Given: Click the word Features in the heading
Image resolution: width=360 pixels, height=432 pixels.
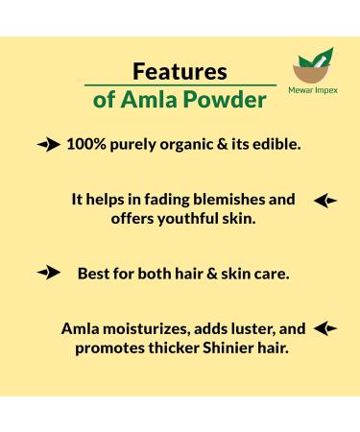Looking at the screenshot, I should pyautogui.click(x=179, y=71).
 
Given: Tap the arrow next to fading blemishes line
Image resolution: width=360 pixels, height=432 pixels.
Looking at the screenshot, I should pyautogui.click(x=325, y=201).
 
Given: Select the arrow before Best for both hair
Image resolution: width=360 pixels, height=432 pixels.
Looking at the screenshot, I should pyautogui.click(x=48, y=274).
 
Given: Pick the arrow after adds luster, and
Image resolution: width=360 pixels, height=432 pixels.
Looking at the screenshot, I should pyautogui.click(x=325, y=328).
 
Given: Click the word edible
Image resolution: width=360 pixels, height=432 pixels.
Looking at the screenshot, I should pyautogui.click(x=274, y=146).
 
